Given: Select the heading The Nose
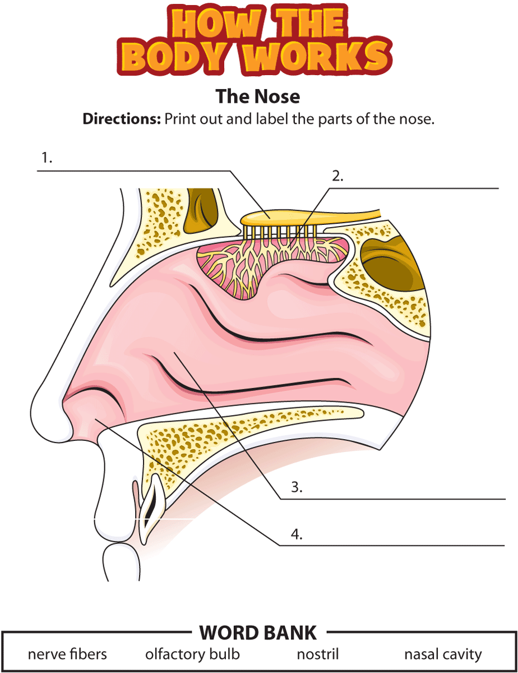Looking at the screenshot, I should coord(258,96).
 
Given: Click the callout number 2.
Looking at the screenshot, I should coord(337,176).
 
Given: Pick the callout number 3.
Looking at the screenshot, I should coord(297,487).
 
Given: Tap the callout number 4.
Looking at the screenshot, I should coord(297,534).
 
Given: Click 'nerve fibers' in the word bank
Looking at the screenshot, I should coord(67,654).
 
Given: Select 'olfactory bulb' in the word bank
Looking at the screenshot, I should coord(192,654).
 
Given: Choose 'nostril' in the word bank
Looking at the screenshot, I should coord(318,654).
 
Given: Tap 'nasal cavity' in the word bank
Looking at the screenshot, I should coord(443,654).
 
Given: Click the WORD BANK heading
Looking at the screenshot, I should coord(258,633).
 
